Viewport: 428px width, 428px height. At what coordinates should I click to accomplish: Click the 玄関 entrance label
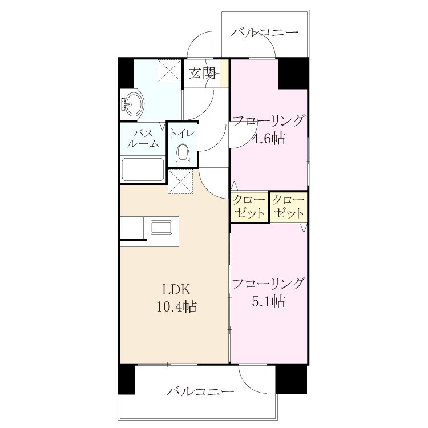pyautogui.click(x=202, y=73)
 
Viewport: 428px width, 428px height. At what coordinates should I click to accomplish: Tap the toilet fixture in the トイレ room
pyautogui.click(x=183, y=155)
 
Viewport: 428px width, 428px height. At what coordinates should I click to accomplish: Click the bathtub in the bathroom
pyautogui.click(x=143, y=169)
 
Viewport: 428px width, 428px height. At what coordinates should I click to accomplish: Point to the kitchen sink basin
pyautogui.click(x=161, y=228)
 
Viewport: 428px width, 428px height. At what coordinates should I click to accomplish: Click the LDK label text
pyautogui.click(x=176, y=289)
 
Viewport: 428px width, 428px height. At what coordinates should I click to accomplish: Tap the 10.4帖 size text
pyautogui.click(x=176, y=306)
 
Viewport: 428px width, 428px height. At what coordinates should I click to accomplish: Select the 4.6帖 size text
pyautogui.click(x=269, y=139)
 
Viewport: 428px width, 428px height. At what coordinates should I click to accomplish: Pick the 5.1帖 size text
pyautogui.click(x=269, y=301)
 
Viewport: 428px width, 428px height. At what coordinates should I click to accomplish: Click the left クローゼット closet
pyautogui.click(x=249, y=207)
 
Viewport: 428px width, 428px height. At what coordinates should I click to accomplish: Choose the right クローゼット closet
pyautogui.click(x=289, y=208)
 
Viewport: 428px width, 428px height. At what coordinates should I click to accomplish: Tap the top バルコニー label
pyautogui.click(x=264, y=33)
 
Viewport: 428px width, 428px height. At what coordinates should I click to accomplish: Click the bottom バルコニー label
pyautogui.click(x=201, y=391)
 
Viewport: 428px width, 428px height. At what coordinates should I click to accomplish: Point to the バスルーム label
pyautogui.click(x=143, y=139)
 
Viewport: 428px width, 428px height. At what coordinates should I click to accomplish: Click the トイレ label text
pyautogui.click(x=183, y=134)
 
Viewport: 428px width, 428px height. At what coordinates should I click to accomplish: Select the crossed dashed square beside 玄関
pyautogui.click(x=169, y=71)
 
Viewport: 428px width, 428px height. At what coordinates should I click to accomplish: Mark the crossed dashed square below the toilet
pyautogui.click(x=180, y=182)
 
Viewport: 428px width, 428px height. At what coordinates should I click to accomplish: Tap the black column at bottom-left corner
pyautogui.click(x=126, y=379)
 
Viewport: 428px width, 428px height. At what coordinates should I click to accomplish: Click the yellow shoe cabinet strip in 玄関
pyautogui.click(x=224, y=74)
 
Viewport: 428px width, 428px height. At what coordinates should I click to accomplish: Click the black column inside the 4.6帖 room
pyautogui.click(x=293, y=74)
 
